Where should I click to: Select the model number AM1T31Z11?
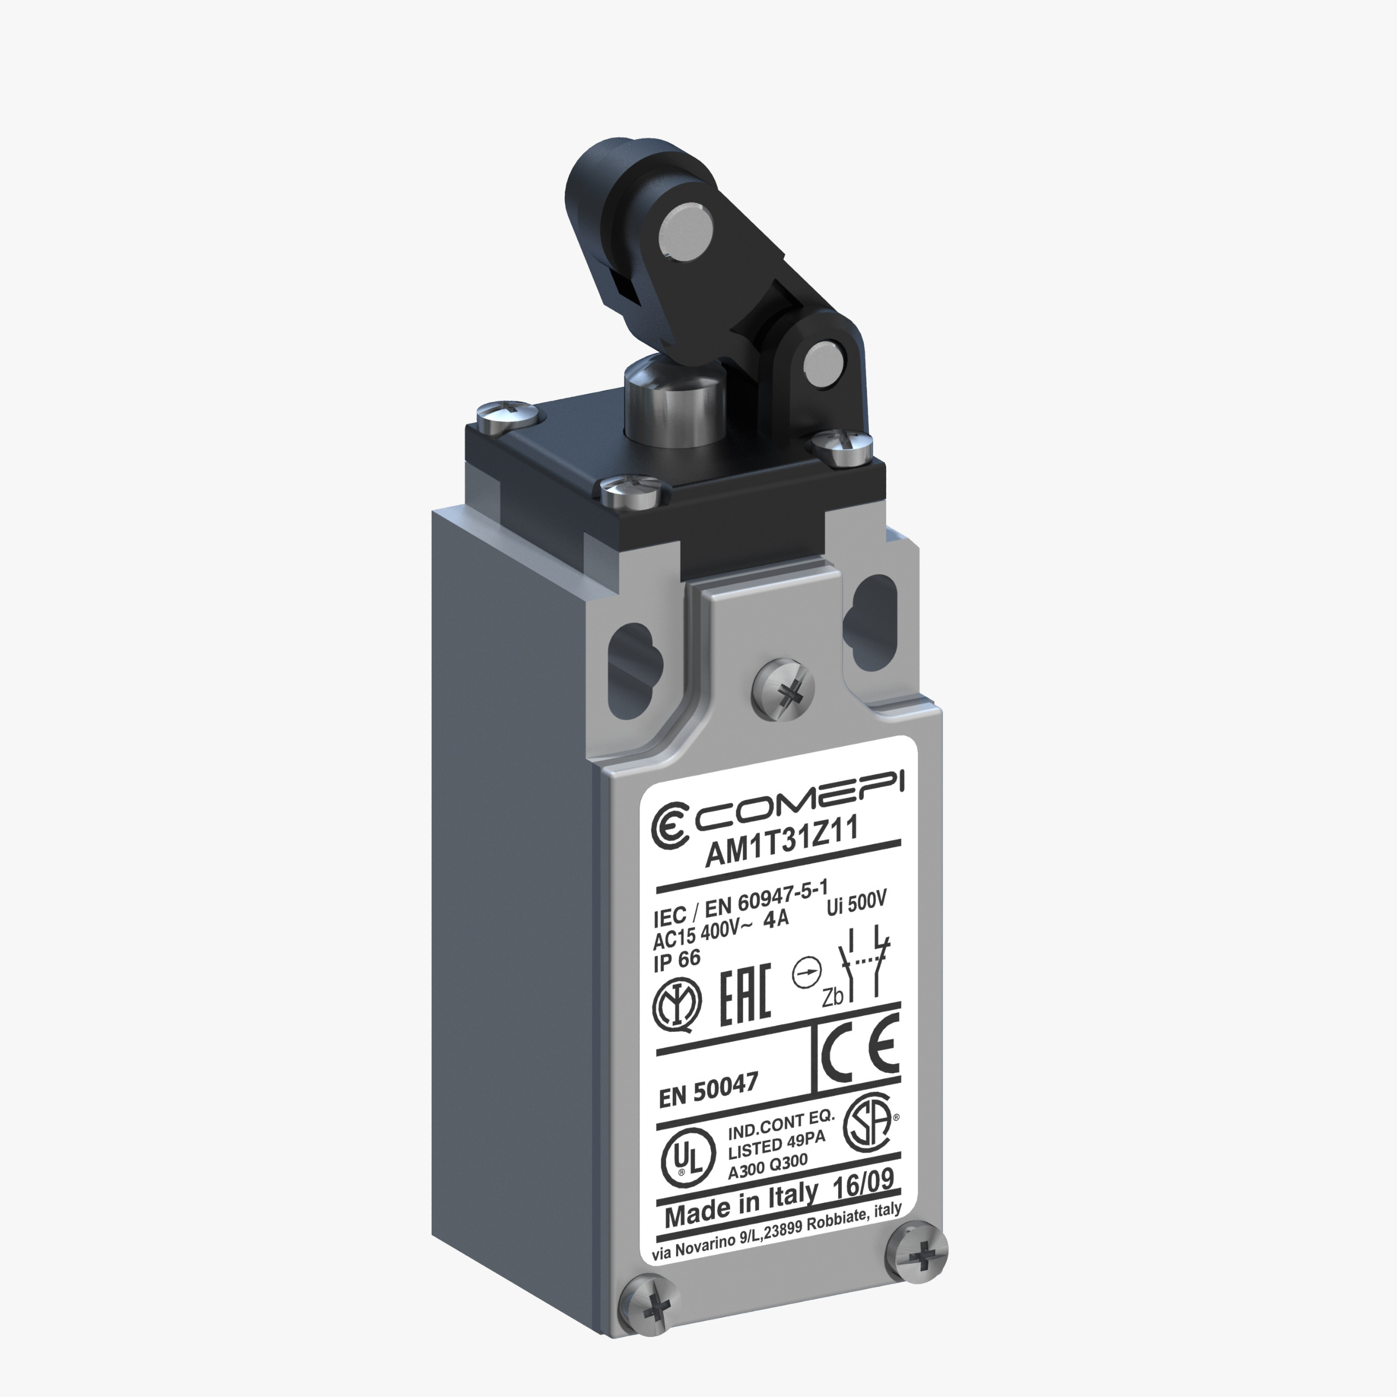[x=781, y=845]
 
